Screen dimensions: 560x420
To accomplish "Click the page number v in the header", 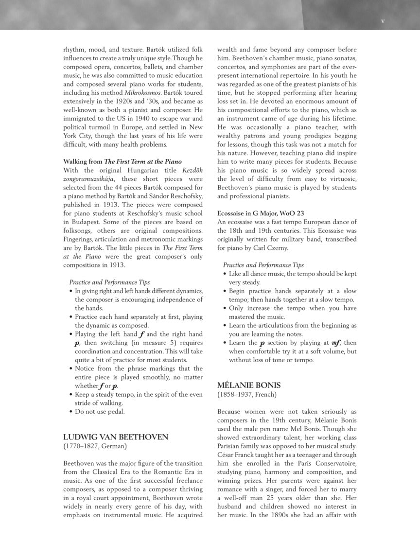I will (x=383, y=21).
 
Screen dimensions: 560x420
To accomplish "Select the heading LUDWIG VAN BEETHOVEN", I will (x=116, y=437).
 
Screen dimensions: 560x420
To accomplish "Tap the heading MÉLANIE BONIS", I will (x=249, y=385).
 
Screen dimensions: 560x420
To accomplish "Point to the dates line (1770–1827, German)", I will (x=95, y=445).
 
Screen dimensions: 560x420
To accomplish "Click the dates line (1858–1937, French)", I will (x=247, y=394).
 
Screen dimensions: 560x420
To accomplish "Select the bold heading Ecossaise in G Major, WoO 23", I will (x=261, y=213).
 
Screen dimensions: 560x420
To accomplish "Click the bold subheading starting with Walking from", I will (x=122, y=161).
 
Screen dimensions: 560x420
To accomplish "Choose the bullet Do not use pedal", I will (x=100, y=412).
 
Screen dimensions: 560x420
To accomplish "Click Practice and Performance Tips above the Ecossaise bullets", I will (x=263, y=265).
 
